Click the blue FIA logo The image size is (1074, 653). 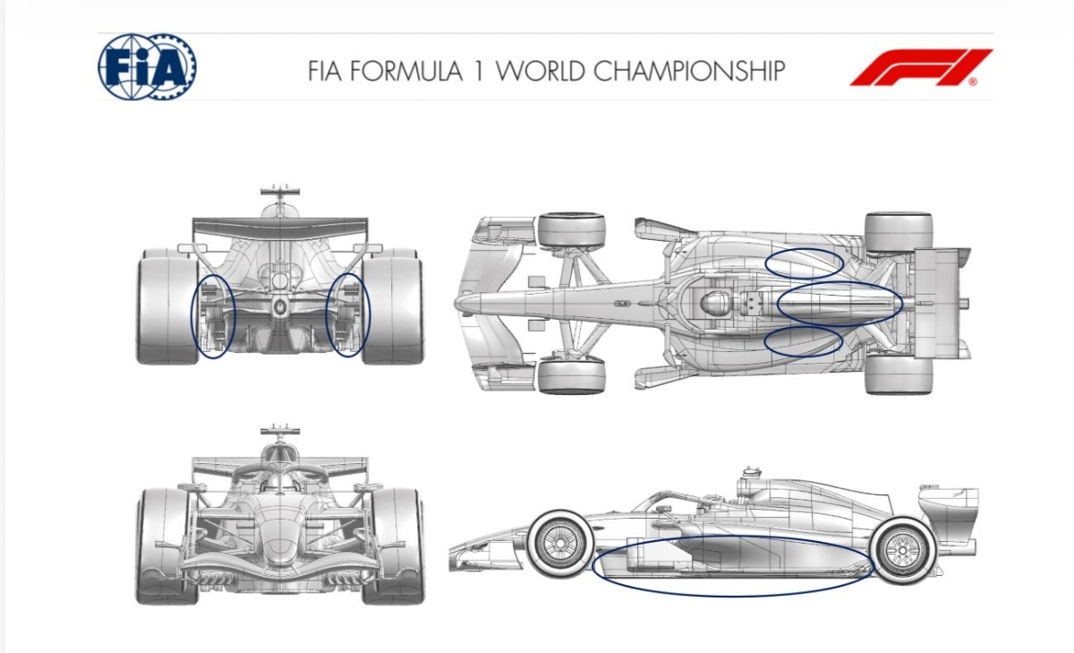[x=147, y=66]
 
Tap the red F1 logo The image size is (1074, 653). [x=921, y=67]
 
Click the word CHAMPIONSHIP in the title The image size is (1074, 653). [x=689, y=71]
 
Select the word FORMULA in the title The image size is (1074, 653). [x=406, y=71]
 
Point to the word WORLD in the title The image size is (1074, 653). [x=540, y=71]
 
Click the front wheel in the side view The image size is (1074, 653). [x=560, y=544]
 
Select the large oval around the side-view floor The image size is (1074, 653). [x=592, y=566]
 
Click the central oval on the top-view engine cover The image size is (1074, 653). [x=777, y=305]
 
